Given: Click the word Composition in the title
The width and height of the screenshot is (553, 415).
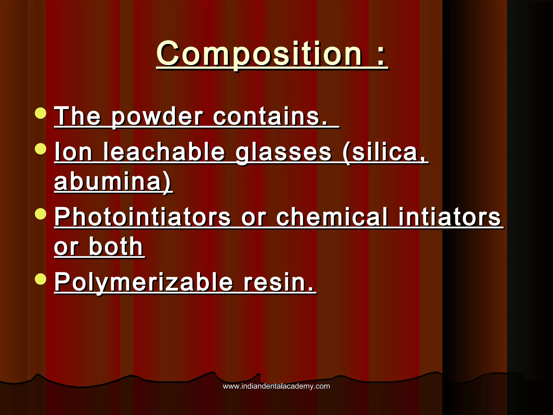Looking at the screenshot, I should [x=259, y=54].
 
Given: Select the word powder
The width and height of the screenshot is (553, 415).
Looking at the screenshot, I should [x=157, y=117].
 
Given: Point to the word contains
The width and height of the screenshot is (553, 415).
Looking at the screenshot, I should [x=270, y=117].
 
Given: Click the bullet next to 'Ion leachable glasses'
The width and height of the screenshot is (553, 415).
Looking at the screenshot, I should [x=41, y=149].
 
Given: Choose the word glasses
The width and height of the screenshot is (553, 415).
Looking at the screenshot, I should [x=284, y=153].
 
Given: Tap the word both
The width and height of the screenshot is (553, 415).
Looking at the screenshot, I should [x=116, y=246].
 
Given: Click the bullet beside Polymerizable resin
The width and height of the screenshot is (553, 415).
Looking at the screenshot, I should [x=41, y=279].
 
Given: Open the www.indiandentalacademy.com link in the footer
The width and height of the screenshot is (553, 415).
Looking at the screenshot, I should [x=276, y=386].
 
